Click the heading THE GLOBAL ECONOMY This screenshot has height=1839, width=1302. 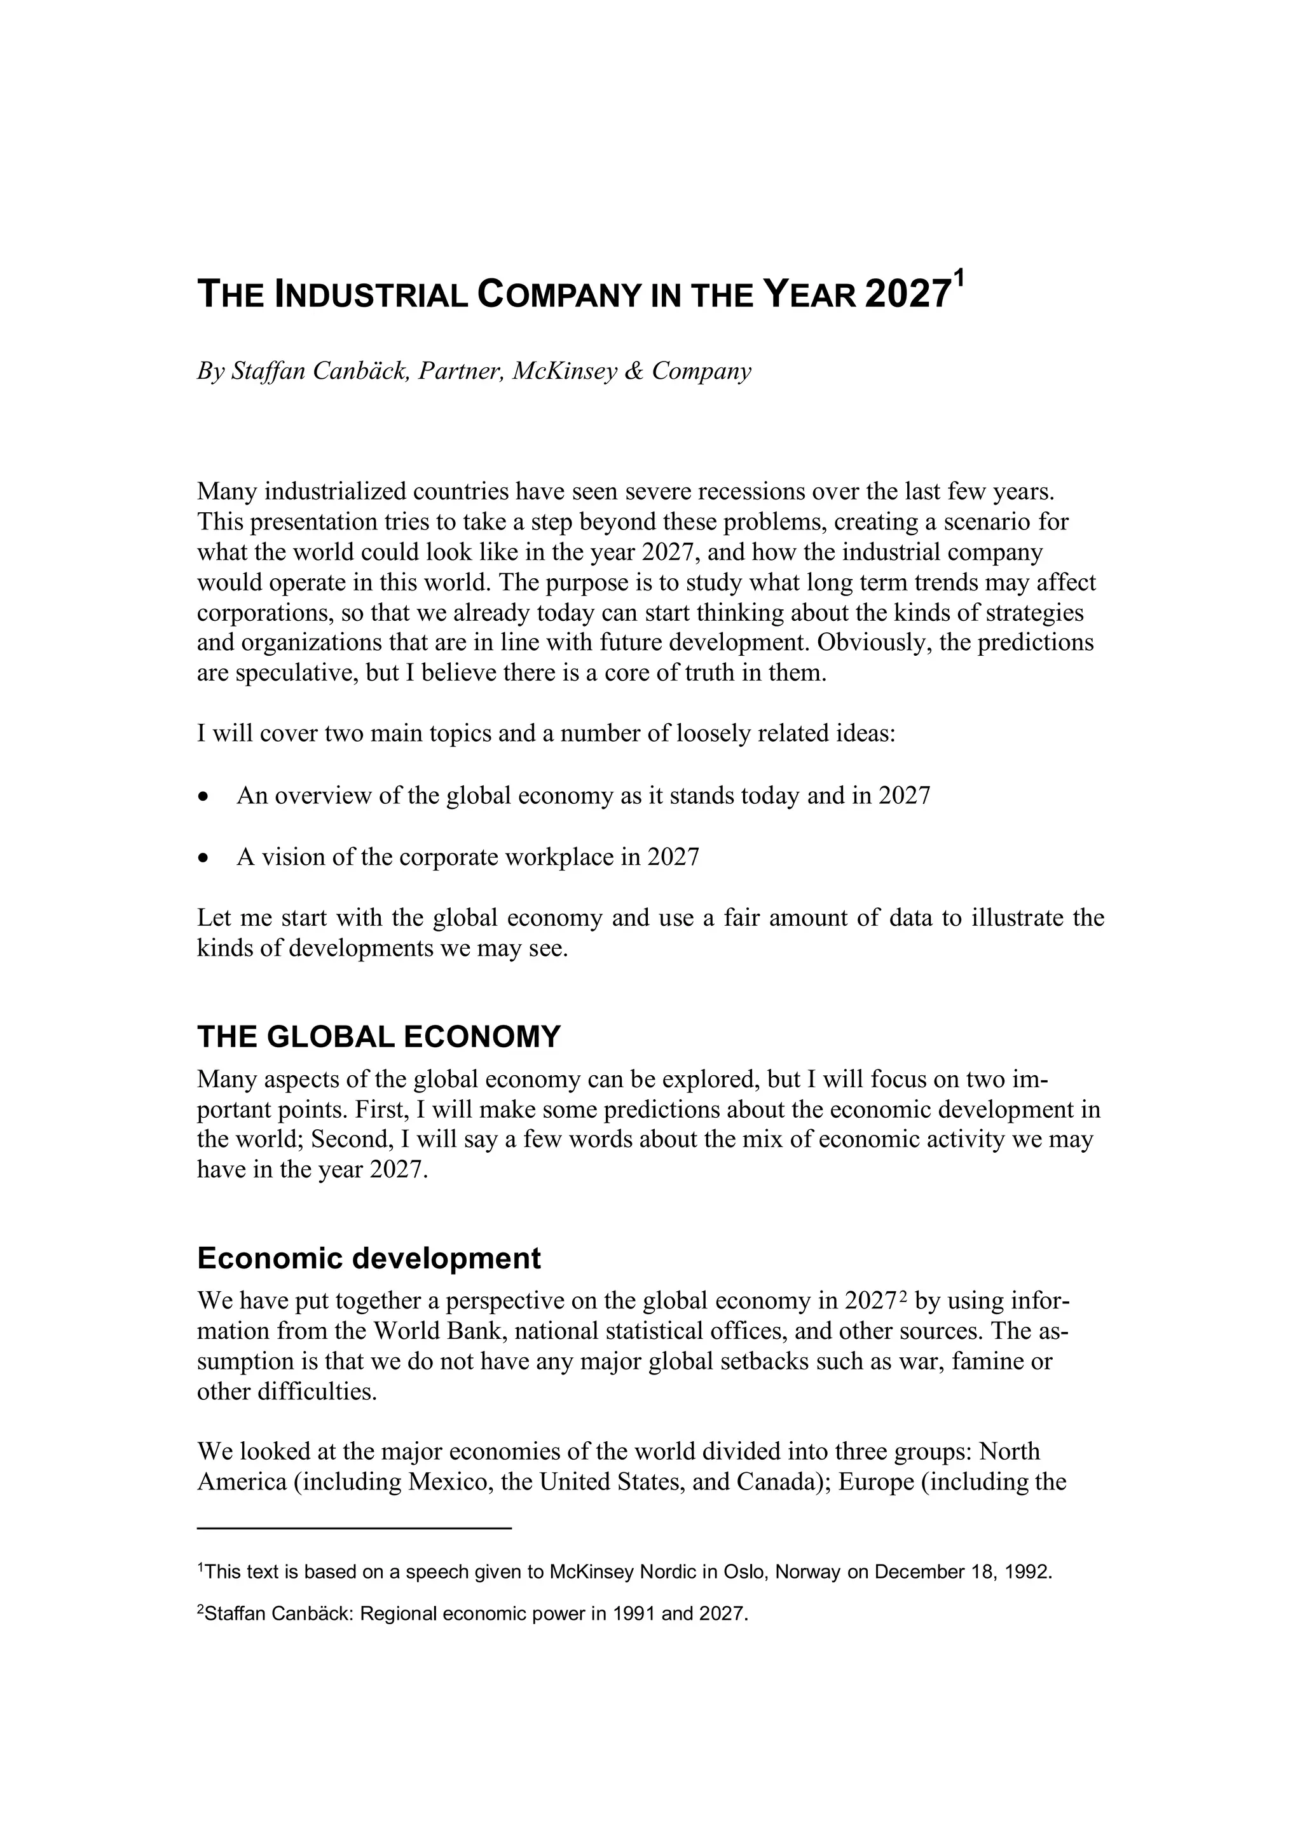pos(378,1037)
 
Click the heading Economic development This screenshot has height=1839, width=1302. pos(369,1259)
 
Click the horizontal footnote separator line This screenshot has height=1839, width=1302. pos(353,1529)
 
